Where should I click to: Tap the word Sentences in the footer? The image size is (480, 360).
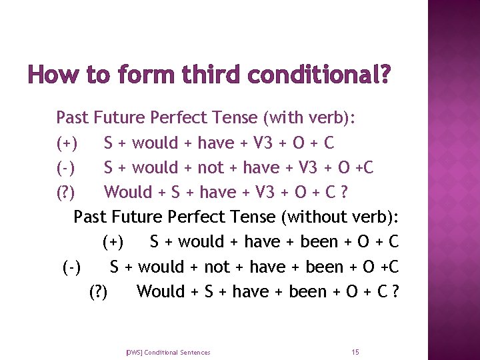point(195,352)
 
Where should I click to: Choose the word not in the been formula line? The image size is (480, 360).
point(217,267)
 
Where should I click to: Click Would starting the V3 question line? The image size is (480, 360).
point(129,192)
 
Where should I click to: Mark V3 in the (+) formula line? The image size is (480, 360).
point(261,143)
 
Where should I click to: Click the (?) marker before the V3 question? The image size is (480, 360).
point(66,193)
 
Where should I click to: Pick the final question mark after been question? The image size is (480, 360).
point(396,291)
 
